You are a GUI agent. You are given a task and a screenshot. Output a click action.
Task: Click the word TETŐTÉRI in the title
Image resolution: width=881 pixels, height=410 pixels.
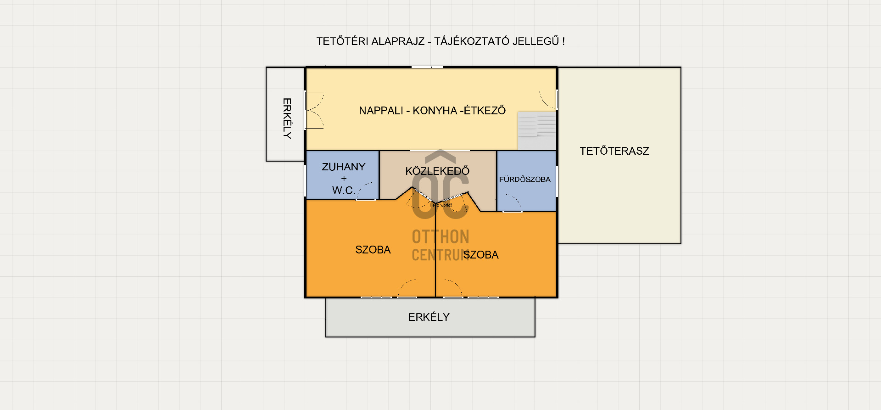(342, 41)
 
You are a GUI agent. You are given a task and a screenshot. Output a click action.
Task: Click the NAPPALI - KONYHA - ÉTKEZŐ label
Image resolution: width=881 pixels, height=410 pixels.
(432, 111)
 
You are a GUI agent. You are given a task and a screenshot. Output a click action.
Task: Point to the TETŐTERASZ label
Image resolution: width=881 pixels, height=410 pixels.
(614, 151)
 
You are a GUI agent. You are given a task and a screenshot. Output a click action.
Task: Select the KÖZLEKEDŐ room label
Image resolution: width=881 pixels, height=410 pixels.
(437, 171)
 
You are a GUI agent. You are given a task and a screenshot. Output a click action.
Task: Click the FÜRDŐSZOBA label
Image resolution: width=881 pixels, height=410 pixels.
(524, 180)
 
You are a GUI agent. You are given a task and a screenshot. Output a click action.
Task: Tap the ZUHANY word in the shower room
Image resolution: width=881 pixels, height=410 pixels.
(344, 167)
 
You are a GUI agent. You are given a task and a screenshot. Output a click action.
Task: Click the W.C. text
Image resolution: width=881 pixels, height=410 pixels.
(343, 190)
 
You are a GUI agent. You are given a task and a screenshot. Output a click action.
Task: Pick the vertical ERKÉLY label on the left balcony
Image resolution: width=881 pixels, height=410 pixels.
(287, 118)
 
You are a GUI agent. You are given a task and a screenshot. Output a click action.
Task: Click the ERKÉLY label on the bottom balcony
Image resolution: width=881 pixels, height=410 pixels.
(429, 317)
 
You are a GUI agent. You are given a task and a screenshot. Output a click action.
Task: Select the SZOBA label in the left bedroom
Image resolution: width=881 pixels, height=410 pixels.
(373, 250)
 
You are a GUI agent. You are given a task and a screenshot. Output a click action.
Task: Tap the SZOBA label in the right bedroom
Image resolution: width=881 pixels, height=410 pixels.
(481, 255)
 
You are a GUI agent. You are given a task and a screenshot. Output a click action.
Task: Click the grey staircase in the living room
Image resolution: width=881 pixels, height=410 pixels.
(537, 131)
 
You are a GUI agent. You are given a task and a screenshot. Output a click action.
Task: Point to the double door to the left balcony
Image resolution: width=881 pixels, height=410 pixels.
(315, 110)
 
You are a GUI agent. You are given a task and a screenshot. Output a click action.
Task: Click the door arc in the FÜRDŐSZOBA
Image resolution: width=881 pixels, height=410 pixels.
(514, 203)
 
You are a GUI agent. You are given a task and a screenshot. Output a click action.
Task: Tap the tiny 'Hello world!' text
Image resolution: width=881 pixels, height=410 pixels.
(440, 205)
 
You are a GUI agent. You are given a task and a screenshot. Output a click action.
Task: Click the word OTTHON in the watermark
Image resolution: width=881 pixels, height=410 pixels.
(440, 237)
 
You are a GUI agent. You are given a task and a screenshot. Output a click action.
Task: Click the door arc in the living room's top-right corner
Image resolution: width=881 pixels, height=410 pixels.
(548, 100)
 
